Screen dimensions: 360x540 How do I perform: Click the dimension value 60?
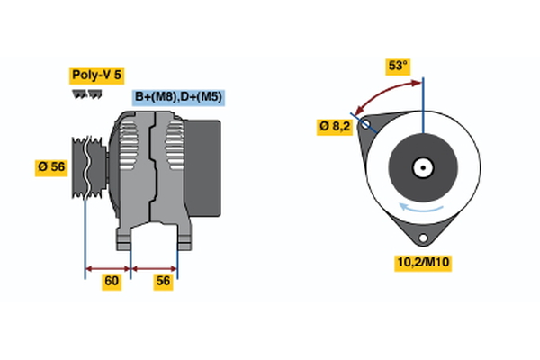tap(111, 281)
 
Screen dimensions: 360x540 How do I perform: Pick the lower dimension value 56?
tap(164, 281)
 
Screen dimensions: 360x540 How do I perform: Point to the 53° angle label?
tap(398, 66)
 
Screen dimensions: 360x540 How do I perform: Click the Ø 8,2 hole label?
tap(336, 127)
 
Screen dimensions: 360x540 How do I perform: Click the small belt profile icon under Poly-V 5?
tap(87, 94)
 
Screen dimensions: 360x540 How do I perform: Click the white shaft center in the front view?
tap(422, 166)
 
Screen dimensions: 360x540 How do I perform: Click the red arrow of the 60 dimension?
tap(108, 267)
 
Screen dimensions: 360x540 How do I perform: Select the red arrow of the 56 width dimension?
tap(155, 267)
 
